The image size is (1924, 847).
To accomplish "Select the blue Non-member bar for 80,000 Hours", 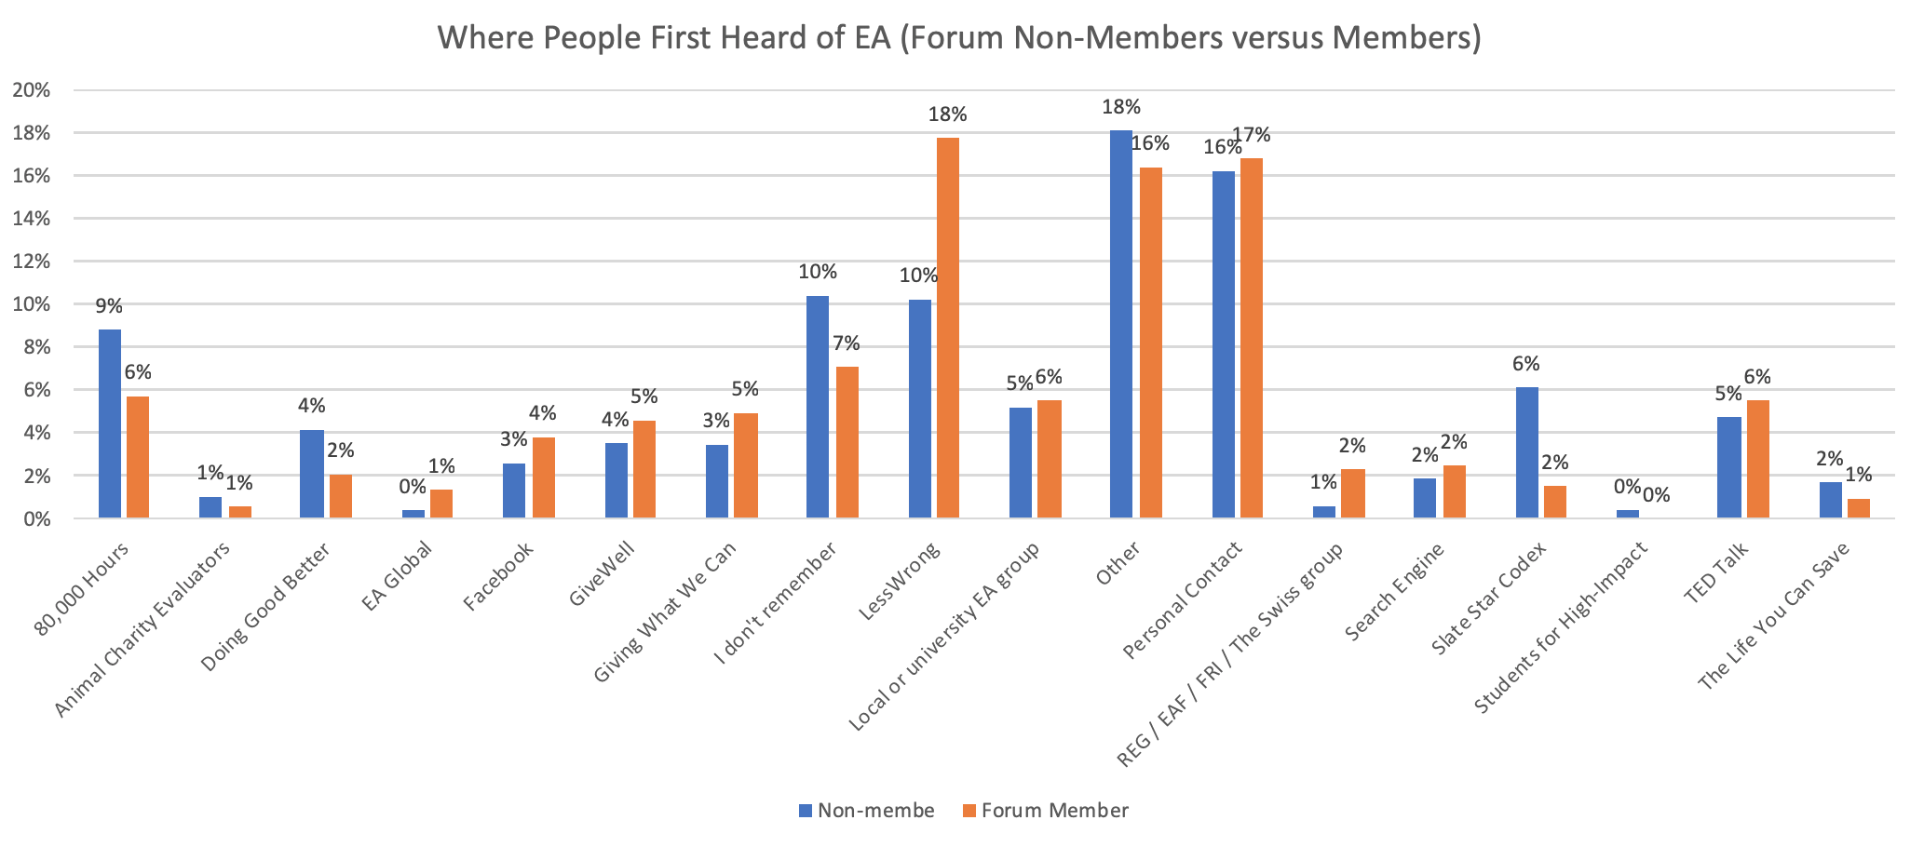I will click(x=110, y=423).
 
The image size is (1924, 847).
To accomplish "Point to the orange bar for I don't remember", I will click(x=847, y=442).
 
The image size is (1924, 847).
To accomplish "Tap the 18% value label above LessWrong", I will click(x=948, y=115).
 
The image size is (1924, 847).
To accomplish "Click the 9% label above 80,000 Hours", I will click(x=110, y=306).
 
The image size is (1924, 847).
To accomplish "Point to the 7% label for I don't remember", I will click(x=847, y=343).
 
